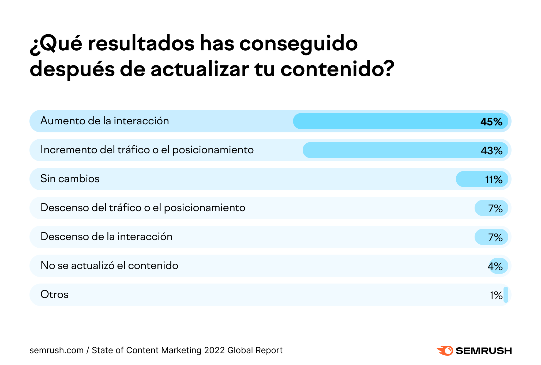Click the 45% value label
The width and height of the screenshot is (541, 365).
point(491,122)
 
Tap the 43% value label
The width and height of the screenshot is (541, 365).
point(491,151)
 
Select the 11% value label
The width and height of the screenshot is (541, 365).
point(494,180)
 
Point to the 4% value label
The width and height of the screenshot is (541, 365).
point(495,266)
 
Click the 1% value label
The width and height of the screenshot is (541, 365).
point(496,295)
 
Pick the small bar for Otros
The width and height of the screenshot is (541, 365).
point(506,295)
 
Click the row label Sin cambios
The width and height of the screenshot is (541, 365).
point(70,179)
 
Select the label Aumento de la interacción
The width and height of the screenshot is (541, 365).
point(105,121)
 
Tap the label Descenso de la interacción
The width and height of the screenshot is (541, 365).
point(106,237)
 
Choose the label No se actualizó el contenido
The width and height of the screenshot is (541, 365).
point(109,266)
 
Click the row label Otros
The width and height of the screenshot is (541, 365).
point(54,295)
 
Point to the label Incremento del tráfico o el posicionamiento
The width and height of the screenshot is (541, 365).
point(147,150)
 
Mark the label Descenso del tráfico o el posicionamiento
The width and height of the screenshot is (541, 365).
point(143,208)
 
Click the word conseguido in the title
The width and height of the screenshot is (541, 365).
point(298,44)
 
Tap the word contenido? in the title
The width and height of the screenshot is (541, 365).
point(337,69)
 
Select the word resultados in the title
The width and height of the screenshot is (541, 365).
point(141,44)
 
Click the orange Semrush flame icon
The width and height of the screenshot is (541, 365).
point(445,351)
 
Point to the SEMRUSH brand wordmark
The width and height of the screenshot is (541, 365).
point(483,351)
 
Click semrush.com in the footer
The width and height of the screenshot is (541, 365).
point(57,350)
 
